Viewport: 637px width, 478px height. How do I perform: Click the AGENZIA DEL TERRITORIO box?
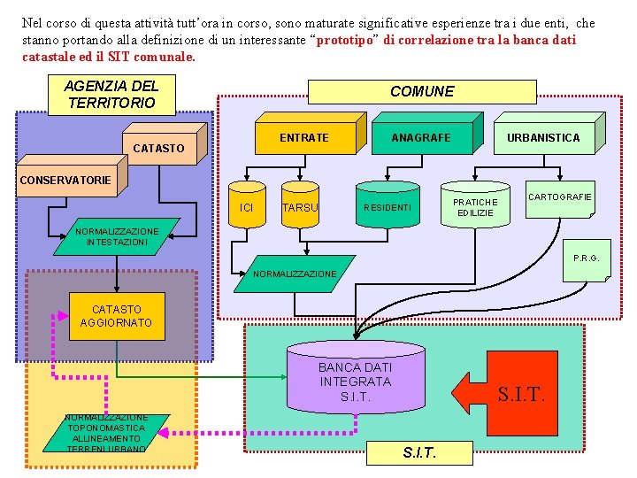click(111, 95)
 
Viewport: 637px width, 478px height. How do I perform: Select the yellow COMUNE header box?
click(421, 91)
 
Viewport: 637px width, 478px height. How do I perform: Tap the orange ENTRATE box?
click(303, 137)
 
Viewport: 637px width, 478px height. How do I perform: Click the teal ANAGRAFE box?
click(420, 137)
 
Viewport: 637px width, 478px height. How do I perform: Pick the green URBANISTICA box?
click(542, 137)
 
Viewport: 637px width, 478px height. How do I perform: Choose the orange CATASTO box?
click(158, 148)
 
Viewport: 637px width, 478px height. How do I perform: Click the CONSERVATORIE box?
click(65, 181)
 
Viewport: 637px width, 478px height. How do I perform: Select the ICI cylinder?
click(247, 207)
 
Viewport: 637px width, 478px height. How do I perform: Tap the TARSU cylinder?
click(300, 207)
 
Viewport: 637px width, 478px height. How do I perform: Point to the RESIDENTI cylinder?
click(387, 207)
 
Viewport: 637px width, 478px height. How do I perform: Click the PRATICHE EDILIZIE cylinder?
click(475, 207)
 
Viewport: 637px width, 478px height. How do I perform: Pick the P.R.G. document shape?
click(585, 259)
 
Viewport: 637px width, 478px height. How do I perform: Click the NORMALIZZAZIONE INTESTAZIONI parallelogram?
click(117, 236)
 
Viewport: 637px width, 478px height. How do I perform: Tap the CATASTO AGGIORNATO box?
click(116, 316)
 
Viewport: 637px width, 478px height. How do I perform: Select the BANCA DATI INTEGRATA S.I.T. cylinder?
click(354, 381)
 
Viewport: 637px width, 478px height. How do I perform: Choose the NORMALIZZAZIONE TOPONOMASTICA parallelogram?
click(107, 433)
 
